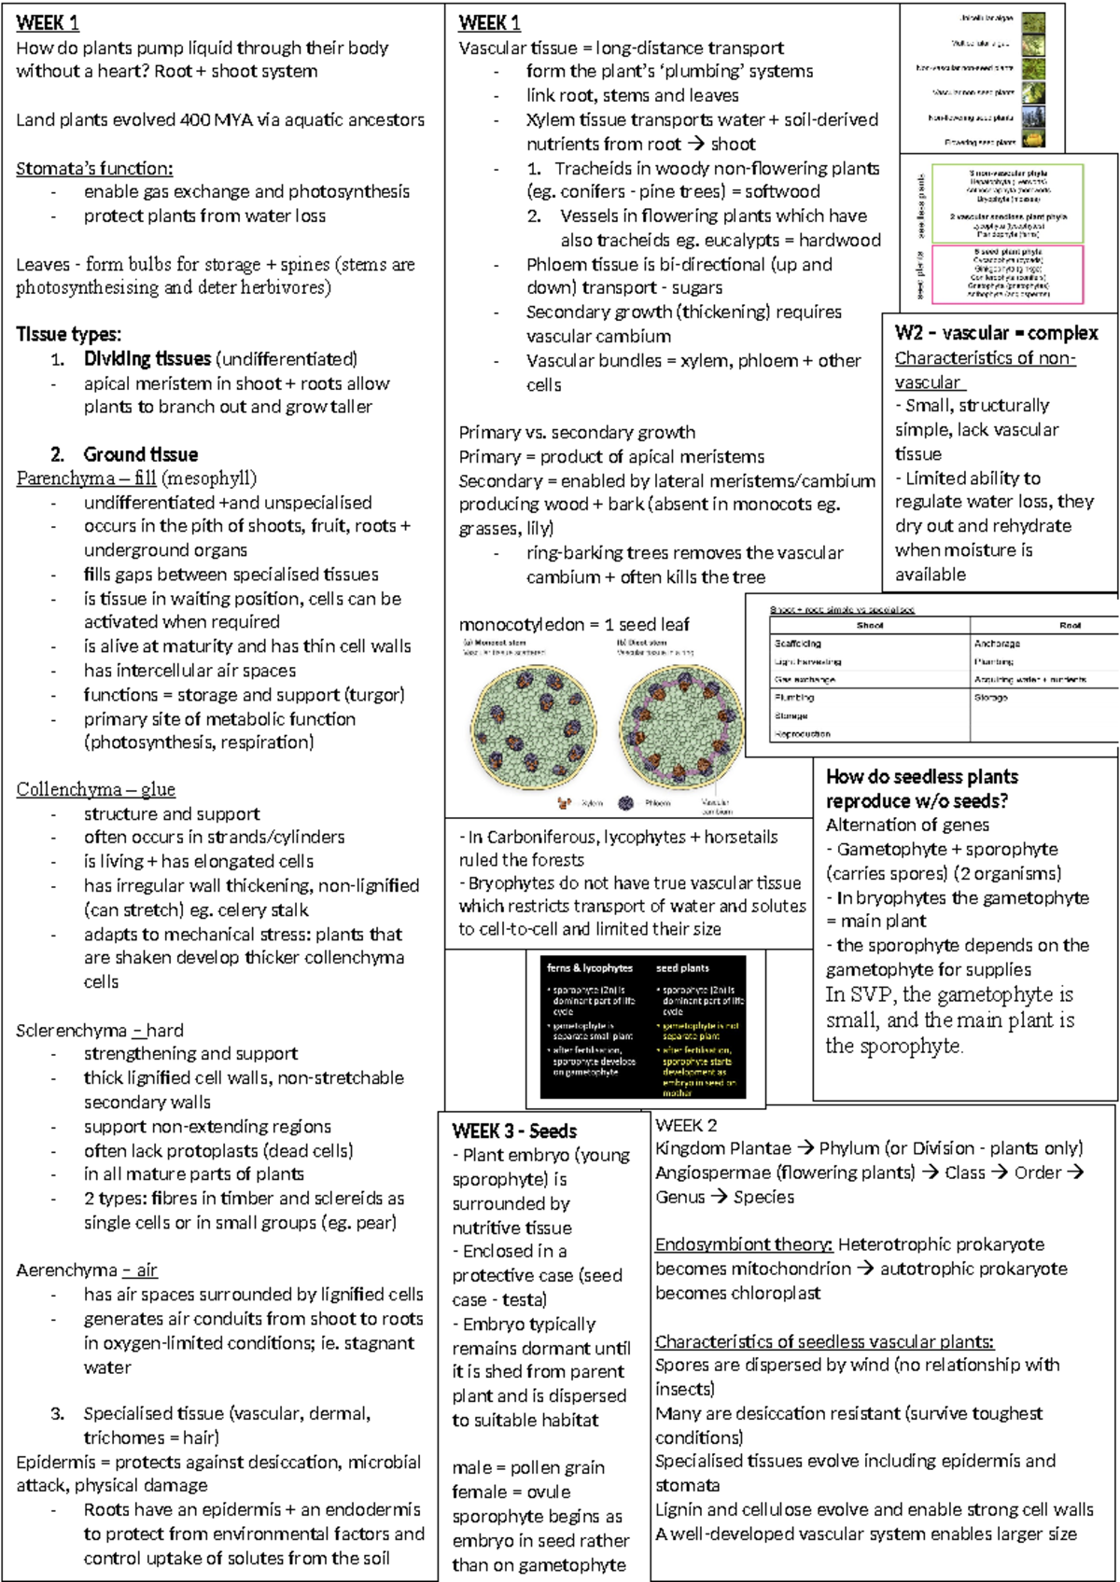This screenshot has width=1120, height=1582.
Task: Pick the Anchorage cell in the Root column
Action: (x=997, y=644)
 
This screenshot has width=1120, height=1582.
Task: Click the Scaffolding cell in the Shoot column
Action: (x=798, y=644)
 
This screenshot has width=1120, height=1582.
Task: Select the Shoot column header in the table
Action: (x=869, y=625)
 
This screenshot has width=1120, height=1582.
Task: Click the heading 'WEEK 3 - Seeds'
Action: (x=514, y=1131)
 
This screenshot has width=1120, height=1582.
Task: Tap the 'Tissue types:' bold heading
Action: (x=68, y=334)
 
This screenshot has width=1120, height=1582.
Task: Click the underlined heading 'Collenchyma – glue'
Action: (x=95, y=789)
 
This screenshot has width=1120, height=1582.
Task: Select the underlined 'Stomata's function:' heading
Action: (x=94, y=168)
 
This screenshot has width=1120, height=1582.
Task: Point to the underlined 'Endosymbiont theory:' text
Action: (x=744, y=1244)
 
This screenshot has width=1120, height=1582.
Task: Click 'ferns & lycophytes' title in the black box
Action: (x=590, y=968)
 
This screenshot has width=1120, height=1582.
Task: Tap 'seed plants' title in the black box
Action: (x=682, y=968)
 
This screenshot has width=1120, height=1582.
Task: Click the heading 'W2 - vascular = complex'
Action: (x=996, y=333)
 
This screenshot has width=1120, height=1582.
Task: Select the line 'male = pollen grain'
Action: (x=528, y=1467)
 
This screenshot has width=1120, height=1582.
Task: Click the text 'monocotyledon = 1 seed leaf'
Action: (x=574, y=624)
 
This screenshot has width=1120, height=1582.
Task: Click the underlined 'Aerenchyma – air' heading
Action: (x=87, y=1270)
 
